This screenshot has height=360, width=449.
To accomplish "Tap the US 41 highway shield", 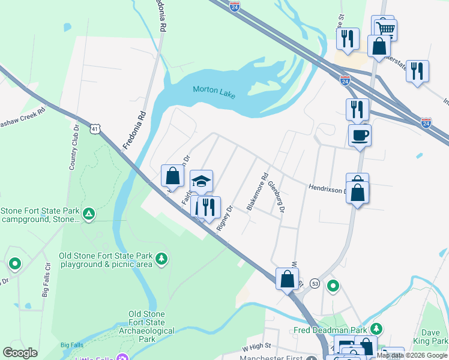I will tap(95, 128).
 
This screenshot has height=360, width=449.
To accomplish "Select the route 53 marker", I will tap(315, 283).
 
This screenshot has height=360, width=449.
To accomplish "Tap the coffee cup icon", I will tap(360, 135).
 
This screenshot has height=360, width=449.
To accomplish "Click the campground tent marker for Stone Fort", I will tap(89, 212).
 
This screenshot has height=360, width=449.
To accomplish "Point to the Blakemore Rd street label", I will tap(256, 192).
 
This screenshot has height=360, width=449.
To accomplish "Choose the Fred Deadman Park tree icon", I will tap(376, 329).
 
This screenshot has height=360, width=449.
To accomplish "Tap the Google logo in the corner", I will tap(20, 353).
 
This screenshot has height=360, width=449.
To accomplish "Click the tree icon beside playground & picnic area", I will tap(161, 259).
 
